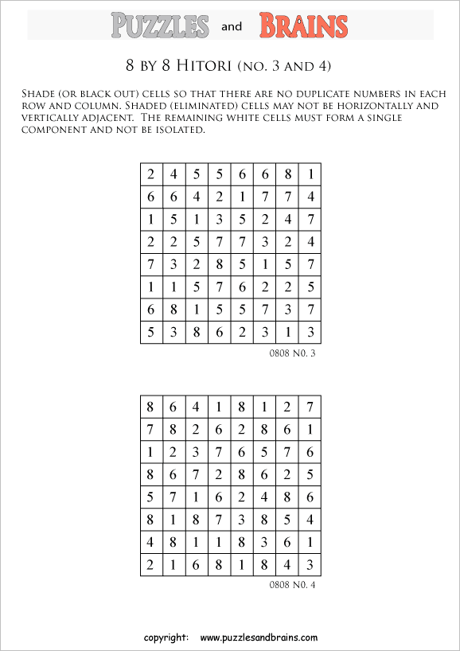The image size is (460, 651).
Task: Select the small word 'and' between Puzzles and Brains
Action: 232,27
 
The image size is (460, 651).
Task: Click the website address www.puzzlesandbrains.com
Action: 259,637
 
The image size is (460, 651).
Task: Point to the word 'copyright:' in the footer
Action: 166,637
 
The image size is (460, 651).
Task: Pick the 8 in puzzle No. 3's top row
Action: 287,174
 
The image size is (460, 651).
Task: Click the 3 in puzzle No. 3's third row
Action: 219,219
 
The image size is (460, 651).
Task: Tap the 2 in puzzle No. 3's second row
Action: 219,197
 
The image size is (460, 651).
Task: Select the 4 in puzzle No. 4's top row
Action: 196,407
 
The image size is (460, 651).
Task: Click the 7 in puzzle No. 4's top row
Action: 310,407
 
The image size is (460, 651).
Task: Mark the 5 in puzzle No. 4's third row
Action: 264,452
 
